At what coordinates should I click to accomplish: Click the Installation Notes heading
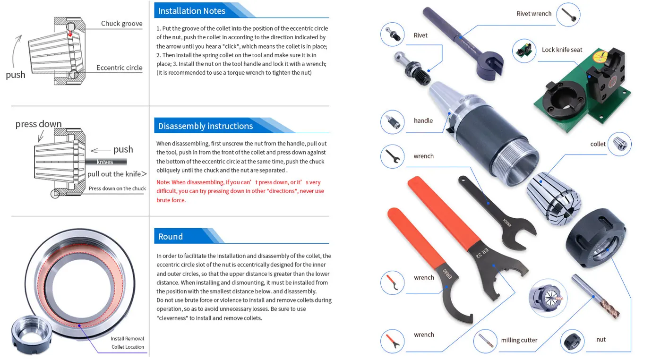[192, 11]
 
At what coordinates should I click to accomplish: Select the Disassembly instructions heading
[206, 126]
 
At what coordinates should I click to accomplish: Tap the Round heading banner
[171, 237]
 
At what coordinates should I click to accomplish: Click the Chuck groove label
[121, 24]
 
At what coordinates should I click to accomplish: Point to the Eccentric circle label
[119, 68]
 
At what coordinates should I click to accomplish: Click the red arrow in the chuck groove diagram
[69, 33]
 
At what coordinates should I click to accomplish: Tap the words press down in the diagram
[38, 124]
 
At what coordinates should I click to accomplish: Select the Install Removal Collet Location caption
[127, 343]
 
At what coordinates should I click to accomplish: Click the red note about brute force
[240, 191]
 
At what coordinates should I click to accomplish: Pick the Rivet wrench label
[533, 14]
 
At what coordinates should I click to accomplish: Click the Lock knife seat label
[562, 50]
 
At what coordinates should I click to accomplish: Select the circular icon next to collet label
[619, 144]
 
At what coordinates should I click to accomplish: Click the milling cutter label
[519, 340]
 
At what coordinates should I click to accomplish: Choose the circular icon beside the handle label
[392, 121]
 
